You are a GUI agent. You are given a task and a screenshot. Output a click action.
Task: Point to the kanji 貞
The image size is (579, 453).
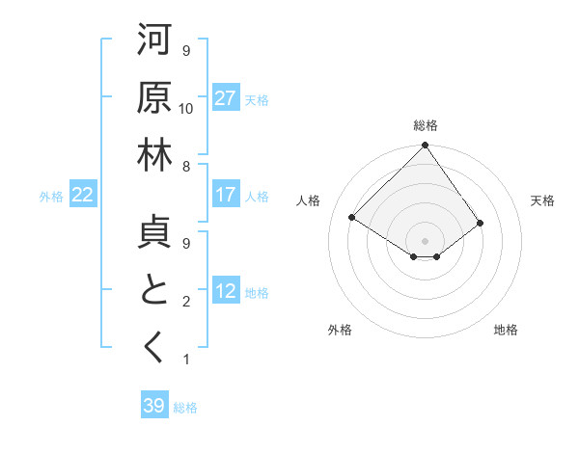[154, 232]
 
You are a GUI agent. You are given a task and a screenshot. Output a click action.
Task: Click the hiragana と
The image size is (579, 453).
[154, 290]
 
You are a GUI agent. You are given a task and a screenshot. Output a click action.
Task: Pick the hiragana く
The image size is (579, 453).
[154, 348]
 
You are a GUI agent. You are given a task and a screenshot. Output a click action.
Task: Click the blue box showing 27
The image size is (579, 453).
[226, 98]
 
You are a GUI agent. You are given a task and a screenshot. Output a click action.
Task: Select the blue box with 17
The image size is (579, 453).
[226, 195]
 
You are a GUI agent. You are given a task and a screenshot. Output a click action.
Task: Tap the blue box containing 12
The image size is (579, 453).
[226, 291]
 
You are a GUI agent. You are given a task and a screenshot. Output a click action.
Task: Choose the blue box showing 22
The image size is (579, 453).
[83, 195]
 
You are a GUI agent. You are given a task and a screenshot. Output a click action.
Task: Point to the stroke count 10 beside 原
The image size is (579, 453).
[186, 109]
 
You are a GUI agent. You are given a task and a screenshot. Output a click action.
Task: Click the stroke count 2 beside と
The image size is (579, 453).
[186, 302]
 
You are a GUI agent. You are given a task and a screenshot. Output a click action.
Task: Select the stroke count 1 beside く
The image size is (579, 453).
[186, 360]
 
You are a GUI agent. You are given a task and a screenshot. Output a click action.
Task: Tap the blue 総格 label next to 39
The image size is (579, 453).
[185, 408]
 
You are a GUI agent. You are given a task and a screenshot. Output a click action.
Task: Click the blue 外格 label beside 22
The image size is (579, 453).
[51, 196]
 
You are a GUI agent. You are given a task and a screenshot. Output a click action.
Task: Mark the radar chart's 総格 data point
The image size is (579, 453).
[425, 147]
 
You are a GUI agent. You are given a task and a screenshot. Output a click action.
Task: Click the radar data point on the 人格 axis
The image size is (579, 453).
[352, 218]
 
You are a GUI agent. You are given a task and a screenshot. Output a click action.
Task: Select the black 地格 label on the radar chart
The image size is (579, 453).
[506, 330]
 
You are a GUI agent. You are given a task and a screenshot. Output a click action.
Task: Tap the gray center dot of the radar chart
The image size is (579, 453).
[425, 240]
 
